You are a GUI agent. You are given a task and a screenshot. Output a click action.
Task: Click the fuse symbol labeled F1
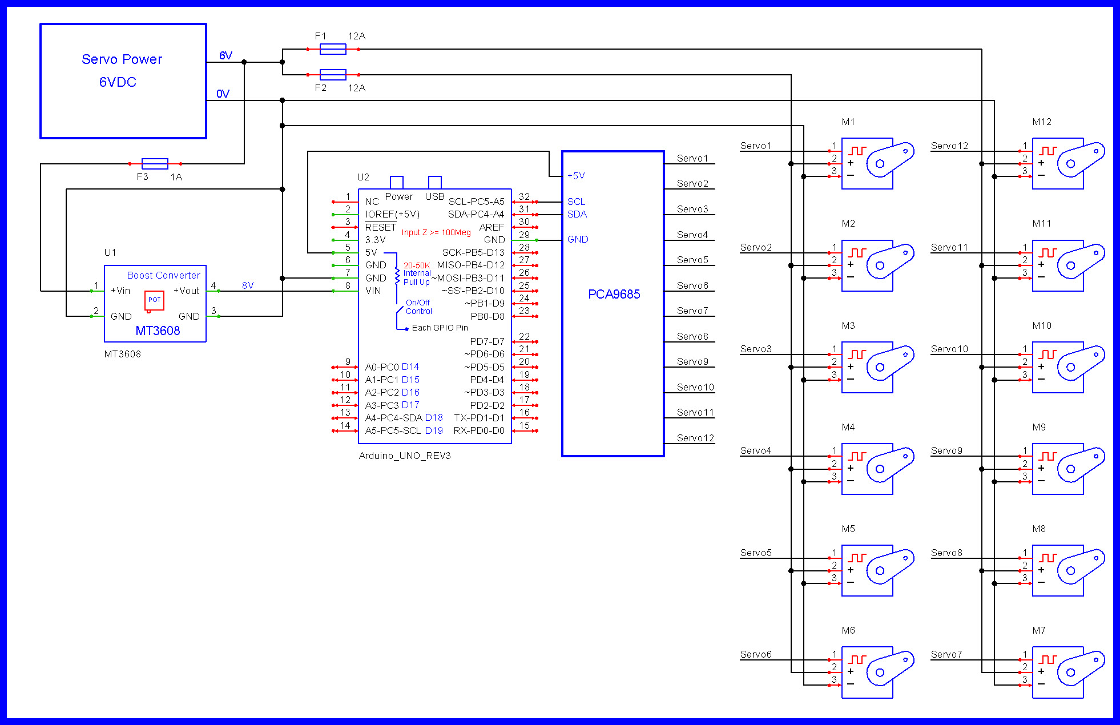(x=333, y=49)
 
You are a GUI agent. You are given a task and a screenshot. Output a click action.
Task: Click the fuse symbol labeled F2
(x=333, y=74)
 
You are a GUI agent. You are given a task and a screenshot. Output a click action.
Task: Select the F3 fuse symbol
(x=155, y=164)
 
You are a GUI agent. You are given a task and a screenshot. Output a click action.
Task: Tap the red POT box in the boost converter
(x=154, y=300)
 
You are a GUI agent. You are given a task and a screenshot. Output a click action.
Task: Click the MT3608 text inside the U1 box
(x=158, y=331)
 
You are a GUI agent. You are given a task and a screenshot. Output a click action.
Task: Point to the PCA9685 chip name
(x=614, y=295)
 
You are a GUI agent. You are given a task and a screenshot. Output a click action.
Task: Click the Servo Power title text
(x=122, y=59)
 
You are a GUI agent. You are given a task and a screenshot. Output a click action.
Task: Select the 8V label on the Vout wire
(x=248, y=285)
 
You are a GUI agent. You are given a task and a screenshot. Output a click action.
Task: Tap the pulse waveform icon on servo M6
(x=857, y=659)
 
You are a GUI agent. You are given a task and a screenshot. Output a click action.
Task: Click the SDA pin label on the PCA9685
(x=577, y=215)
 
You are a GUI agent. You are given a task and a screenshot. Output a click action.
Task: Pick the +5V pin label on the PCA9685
(x=575, y=176)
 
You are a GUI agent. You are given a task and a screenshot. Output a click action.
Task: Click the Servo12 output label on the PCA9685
(x=695, y=438)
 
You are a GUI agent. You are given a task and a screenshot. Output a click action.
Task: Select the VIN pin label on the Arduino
(x=373, y=291)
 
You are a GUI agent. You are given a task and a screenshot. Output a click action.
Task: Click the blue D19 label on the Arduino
(x=434, y=431)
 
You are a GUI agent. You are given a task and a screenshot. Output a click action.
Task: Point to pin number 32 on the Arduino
(x=524, y=196)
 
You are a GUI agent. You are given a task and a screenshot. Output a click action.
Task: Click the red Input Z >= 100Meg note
(x=436, y=232)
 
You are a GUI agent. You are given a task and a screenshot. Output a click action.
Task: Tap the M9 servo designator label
(x=1038, y=427)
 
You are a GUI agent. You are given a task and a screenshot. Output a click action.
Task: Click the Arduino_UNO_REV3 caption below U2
(x=404, y=456)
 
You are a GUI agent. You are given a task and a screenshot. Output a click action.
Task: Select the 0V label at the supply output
(x=223, y=94)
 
